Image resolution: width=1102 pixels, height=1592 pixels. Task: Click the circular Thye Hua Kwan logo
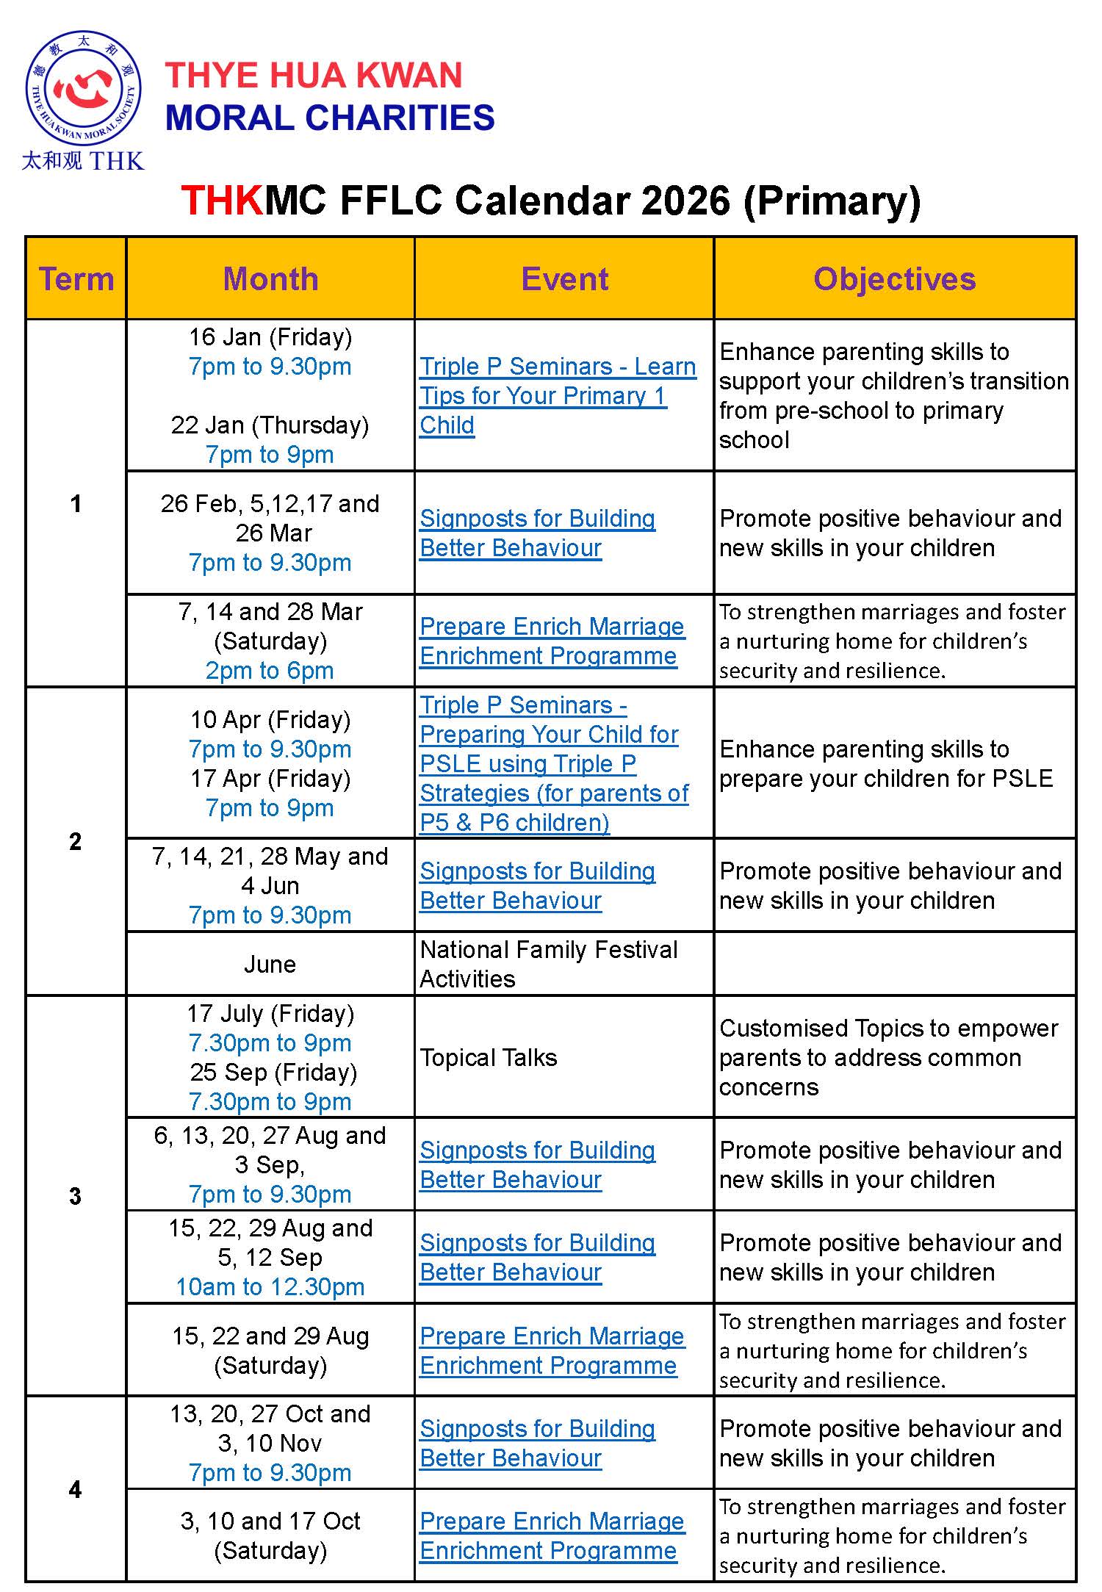click(83, 88)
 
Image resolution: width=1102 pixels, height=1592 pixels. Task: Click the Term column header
click(76, 279)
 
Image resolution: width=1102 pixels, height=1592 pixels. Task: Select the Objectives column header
click(894, 279)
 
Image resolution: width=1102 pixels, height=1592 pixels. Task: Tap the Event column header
click(564, 279)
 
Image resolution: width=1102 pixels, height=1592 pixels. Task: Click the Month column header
click(270, 279)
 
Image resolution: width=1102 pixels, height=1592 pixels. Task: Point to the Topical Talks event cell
click(489, 1057)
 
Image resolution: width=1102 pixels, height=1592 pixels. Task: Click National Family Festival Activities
click(548, 964)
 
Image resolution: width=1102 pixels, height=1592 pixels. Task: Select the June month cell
click(270, 964)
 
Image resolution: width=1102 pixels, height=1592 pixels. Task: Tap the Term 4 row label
click(75, 1489)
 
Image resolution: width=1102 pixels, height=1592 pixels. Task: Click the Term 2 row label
click(75, 841)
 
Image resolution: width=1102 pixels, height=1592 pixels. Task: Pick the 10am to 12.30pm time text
click(270, 1286)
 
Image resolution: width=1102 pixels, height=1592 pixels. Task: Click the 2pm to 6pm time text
click(270, 670)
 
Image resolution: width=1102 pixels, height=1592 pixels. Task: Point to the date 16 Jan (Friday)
click(270, 337)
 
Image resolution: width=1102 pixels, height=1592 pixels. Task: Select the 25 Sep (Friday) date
click(273, 1072)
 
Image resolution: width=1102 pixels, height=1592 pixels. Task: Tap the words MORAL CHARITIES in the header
click(330, 118)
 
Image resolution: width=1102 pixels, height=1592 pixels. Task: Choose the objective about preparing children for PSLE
click(886, 763)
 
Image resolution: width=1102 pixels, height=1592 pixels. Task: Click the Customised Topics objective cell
click(889, 1057)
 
